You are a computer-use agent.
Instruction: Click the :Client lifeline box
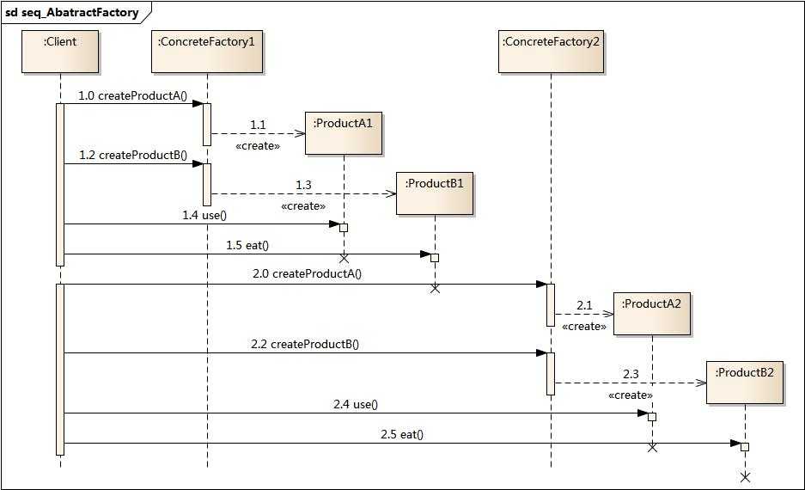pos(60,51)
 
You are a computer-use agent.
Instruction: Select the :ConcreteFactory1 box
pos(206,51)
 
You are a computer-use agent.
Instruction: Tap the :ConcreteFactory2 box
pos(551,51)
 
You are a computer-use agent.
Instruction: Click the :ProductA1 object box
pos(343,133)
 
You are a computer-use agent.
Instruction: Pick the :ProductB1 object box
pos(434,193)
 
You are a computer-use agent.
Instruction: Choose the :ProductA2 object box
pos(652,314)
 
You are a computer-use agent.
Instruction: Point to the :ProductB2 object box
pos(744,383)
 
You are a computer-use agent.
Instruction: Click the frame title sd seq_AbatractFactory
pos(72,13)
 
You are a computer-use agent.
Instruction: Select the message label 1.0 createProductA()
pos(132,95)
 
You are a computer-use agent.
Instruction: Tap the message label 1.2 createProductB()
pos(133,156)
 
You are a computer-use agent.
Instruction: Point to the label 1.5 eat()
pos(247,245)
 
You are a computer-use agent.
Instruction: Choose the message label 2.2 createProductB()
pos(305,344)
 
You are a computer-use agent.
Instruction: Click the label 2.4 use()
pos(356,404)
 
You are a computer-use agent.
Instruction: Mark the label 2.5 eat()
pos(402,434)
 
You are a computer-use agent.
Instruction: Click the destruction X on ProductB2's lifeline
pos(745,476)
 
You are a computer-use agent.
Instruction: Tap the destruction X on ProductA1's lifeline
pos(344,257)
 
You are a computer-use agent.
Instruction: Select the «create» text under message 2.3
pos(630,395)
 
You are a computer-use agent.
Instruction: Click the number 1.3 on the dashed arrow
pos(304,185)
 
